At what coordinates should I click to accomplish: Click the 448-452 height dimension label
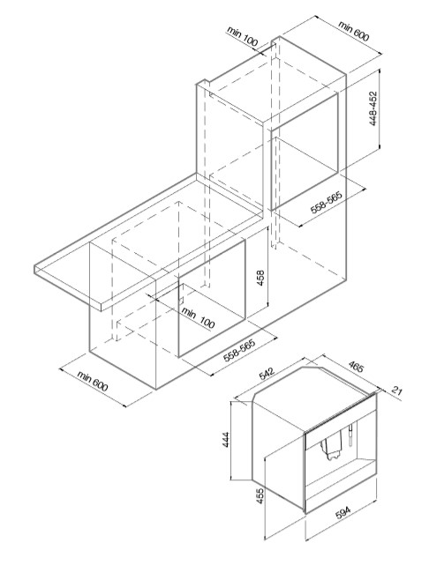[x=373, y=108]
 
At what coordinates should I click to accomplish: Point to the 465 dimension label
[x=357, y=366]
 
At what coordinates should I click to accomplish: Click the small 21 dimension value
[x=396, y=390]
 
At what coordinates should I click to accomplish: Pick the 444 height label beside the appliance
[x=225, y=439]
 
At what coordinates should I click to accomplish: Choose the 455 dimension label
[x=260, y=496]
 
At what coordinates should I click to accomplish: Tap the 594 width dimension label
[x=342, y=513]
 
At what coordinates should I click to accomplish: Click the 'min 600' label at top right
[x=354, y=31]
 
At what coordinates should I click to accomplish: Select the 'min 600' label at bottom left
[x=93, y=381]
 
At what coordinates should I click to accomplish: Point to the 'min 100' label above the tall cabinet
[x=243, y=36]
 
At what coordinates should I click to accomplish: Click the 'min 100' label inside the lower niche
[x=198, y=316]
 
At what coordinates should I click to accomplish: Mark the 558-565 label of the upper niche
[x=327, y=202]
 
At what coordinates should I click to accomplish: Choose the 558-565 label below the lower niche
[x=239, y=350]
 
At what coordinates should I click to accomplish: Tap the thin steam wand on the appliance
[x=350, y=435]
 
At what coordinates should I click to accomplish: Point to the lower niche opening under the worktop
[x=212, y=297]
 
